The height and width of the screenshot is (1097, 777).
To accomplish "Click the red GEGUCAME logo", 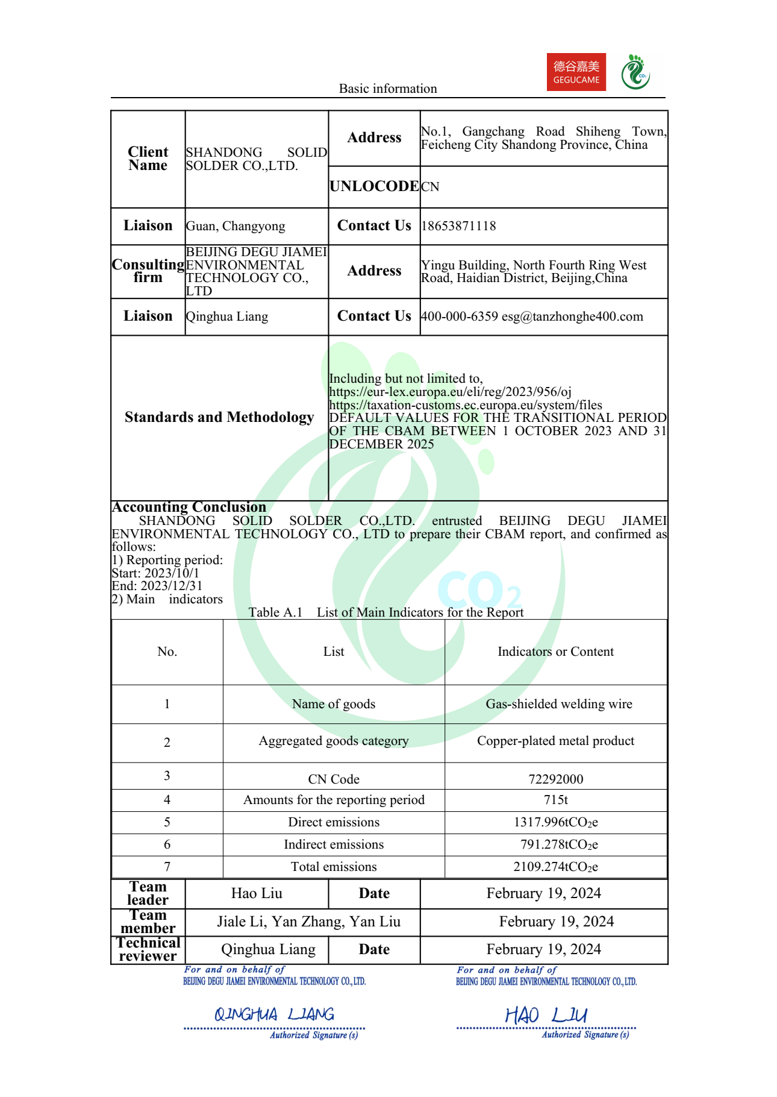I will pyautogui.click(x=576, y=72).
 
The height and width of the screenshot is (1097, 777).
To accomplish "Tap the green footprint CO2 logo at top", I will pyautogui.click(x=635, y=72).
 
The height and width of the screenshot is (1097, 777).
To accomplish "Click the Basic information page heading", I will pyautogui.click(x=388, y=89).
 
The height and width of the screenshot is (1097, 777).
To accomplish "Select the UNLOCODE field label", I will pyautogui.click(x=374, y=186).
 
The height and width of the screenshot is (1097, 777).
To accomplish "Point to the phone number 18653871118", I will pyautogui.click(x=459, y=226).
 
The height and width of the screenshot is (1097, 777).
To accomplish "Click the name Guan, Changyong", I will pyautogui.click(x=236, y=226).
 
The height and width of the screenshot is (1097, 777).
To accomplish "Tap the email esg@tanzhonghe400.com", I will pyautogui.click(x=572, y=316).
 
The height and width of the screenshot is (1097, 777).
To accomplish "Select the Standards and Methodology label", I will pyautogui.click(x=219, y=417).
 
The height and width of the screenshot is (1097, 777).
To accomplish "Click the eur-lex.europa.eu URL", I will pyautogui.click(x=450, y=392).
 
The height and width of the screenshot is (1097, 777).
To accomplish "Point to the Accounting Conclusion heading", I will pyautogui.click(x=189, y=507).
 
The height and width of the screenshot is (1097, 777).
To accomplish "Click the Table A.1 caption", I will pyautogui.click(x=386, y=612).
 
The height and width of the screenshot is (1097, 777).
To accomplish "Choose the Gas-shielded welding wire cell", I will pyautogui.click(x=559, y=704).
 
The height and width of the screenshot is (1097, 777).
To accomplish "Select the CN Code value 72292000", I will pyautogui.click(x=556, y=779).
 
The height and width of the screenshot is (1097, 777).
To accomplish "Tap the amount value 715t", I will pyautogui.click(x=556, y=800).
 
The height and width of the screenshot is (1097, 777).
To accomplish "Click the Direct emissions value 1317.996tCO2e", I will pyautogui.click(x=556, y=822).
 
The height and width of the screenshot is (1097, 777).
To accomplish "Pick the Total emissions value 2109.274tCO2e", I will pyautogui.click(x=556, y=867).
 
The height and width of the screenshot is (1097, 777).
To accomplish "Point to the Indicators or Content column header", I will pyautogui.click(x=556, y=652).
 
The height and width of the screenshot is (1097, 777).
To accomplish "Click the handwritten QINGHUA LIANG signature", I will pyautogui.click(x=275, y=1014).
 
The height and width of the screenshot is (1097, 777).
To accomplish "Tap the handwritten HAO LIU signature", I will pyautogui.click(x=546, y=1015).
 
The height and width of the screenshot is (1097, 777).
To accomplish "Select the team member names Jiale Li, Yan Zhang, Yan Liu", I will pyautogui.click(x=309, y=922).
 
